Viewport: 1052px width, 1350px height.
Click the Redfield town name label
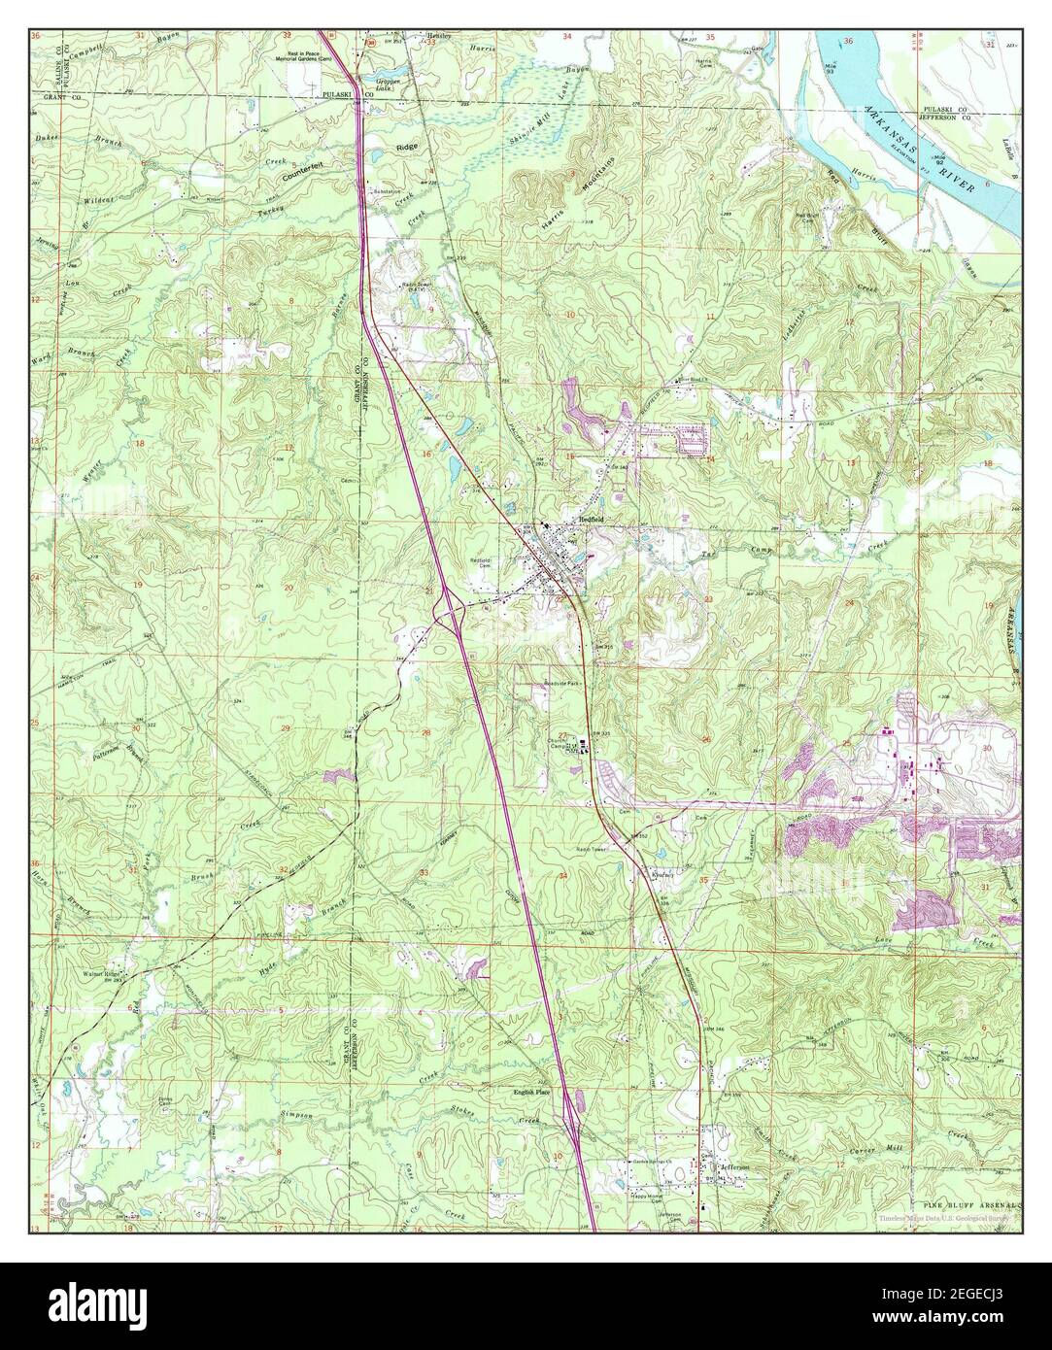593,519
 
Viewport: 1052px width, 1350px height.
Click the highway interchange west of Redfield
450,608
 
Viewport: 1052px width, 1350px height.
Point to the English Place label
532,1093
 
